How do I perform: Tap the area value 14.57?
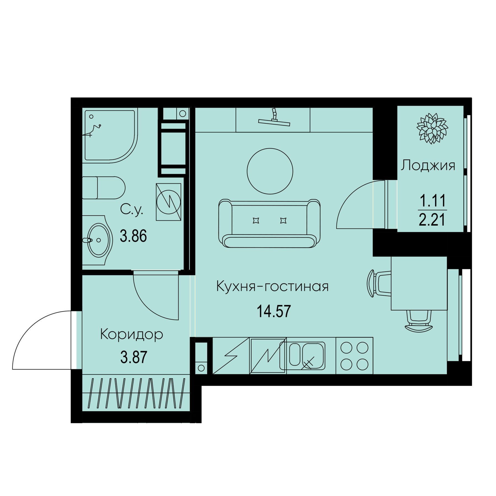[x=274, y=311]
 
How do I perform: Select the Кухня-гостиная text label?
[x=273, y=286]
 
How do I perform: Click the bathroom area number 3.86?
[x=133, y=236]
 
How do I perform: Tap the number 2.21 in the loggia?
[x=432, y=220]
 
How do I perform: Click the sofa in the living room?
[x=269, y=223]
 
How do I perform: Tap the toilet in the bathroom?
[x=104, y=188]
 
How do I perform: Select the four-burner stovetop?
[x=354, y=356]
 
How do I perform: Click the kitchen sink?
[x=302, y=355]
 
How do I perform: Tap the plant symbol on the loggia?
[x=432, y=128]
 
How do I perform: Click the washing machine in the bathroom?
[x=169, y=202]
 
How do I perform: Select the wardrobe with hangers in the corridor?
[x=136, y=393]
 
